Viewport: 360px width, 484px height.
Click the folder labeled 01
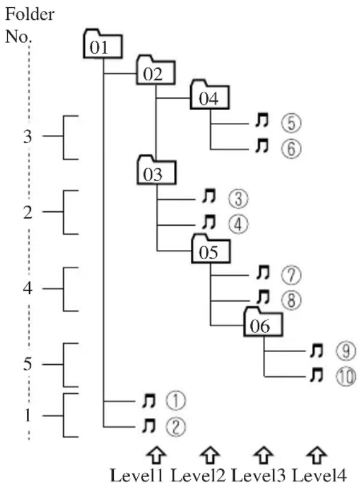(x=103, y=44)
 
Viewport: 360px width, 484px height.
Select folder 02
(x=156, y=70)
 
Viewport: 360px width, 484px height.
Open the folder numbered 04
(x=209, y=95)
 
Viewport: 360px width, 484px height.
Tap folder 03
(x=157, y=170)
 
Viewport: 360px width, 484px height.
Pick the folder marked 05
(x=211, y=249)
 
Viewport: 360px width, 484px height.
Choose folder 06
(x=263, y=322)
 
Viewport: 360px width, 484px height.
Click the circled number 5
(x=291, y=123)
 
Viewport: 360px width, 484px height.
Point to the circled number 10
(x=346, y=377)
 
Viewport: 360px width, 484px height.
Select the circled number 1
(x=176, y=401)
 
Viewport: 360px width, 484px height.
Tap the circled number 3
(x=238, y=199)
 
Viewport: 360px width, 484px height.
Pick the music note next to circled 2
(x=149, y=426)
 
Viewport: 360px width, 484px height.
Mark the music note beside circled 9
(x=317, y=350)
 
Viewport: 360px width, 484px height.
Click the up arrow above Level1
(x=157, y=455)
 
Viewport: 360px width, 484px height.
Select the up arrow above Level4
(x=317, y=455)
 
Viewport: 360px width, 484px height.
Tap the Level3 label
(x=258, y=475)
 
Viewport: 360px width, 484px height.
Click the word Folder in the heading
(x=29, y=14)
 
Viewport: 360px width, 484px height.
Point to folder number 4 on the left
(x=28, y=288)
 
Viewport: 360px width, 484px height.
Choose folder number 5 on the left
(x=28, y=364)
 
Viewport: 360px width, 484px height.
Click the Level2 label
(x=198, y=475)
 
